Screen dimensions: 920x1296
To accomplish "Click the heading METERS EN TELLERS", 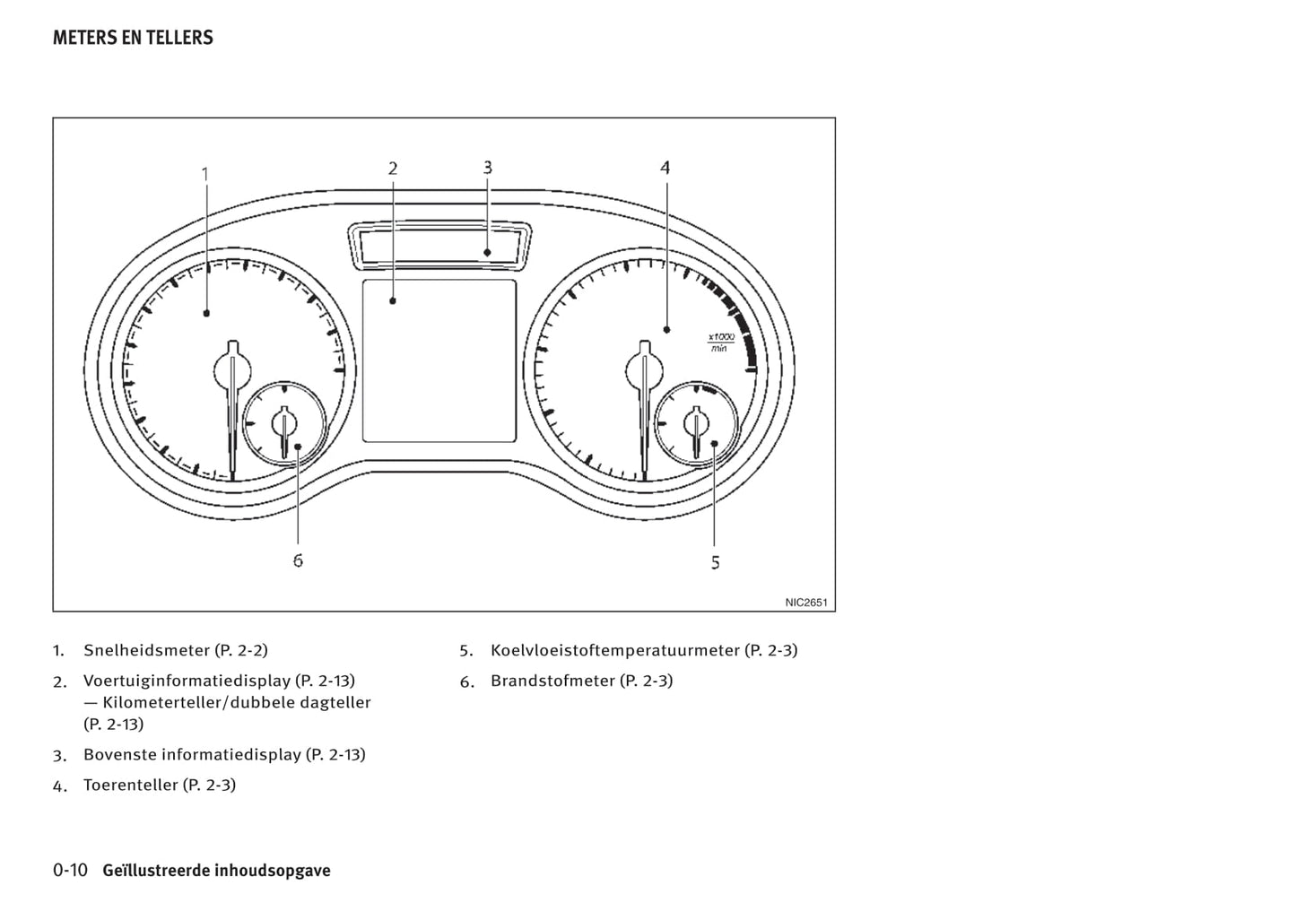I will [x=133, y=38].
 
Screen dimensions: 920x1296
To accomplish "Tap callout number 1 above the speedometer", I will [x=205, y=173].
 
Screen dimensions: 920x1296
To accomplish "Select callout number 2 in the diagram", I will [x=393, y=168].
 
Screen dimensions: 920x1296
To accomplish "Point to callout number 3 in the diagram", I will [x=487, y=167].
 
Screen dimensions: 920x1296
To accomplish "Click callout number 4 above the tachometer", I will [x=665, y=167].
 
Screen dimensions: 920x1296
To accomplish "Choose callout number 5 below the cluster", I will [x=715, y=562].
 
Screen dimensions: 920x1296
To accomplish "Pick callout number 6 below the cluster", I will [x=298, y=560].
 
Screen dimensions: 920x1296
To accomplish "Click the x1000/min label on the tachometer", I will [x=720, y=342].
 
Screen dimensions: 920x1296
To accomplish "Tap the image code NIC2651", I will [x=805, y=603].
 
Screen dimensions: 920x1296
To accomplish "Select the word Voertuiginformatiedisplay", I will [x=187, y=681].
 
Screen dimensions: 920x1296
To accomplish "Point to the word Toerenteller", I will [x=131, y=785].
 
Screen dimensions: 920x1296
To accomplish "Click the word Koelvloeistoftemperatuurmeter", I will [x=615, y=650].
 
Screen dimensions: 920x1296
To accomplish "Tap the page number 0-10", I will [x=70, y=870].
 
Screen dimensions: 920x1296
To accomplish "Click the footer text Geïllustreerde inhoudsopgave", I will [x=216, y=871].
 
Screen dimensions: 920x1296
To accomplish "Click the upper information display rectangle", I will [x=439, y=245].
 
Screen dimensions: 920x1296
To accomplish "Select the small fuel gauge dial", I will [x=284, y=421].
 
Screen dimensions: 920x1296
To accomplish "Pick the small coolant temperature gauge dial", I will [x=696, y=421].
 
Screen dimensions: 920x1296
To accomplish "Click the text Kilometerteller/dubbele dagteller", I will [x=237, y=702].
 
